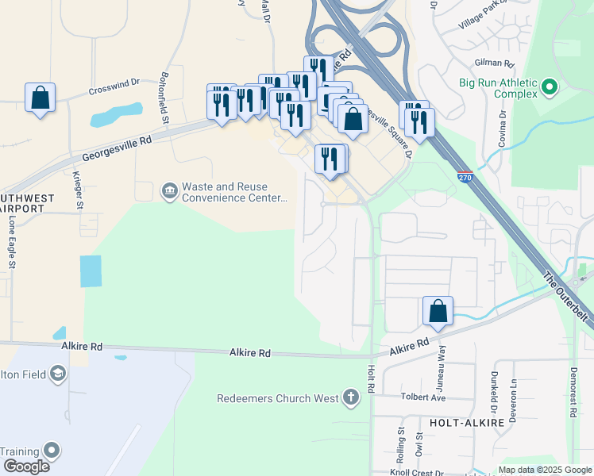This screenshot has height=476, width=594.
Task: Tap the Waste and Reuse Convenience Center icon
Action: pos(169,190)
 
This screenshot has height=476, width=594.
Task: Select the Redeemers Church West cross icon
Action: pos(351,397)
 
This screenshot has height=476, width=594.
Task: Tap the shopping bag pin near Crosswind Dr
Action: pos(40,99)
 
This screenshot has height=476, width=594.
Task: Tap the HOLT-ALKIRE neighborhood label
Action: pos(467,423)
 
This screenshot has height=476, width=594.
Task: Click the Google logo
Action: pos(26,466)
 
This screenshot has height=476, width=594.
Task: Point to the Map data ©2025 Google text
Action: pos(544,470)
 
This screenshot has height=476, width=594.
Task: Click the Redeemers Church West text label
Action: pos(278,397)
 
